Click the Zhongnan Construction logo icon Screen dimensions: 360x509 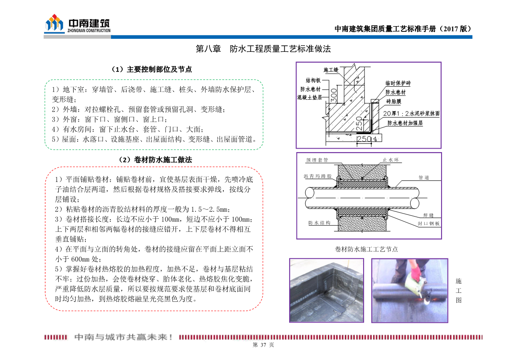point(54,24)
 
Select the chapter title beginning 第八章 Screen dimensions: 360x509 point(263,49)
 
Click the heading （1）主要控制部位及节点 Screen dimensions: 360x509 point(152,70)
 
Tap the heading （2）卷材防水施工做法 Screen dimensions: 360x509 point(155,160)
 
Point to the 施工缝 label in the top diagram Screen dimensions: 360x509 point(331,70)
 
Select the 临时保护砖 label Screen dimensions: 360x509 point(398,83)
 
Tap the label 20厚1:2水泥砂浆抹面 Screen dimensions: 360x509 point(411,113)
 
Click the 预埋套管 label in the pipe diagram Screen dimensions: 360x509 point(317,160)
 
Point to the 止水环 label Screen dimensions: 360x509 point(391,160)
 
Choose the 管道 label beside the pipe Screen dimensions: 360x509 point(424,178)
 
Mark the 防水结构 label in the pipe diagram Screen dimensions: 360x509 point(319,223)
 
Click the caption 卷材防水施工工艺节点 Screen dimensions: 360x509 point(366,249)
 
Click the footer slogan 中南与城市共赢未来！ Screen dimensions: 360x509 point(124,337)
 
